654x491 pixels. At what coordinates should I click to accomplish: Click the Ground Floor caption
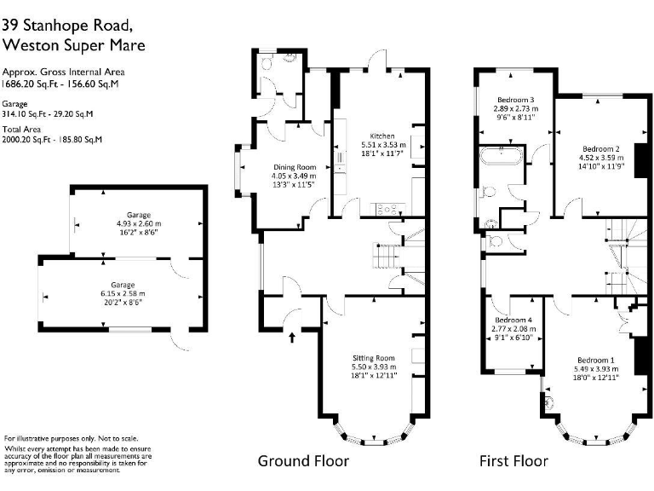tap(303, 461)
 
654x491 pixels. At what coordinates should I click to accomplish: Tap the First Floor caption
tap(513, 461)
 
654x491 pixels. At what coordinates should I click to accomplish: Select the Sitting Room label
tap(375, 358)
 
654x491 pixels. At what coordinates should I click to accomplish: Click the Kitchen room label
tap(381, 136)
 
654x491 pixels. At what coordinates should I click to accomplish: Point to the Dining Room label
tap(295, 167)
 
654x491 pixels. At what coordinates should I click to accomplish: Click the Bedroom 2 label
tap(600, 149)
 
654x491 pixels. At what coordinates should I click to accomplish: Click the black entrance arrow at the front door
tap(293, 338)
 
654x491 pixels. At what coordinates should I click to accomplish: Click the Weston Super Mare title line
tap(73, 44)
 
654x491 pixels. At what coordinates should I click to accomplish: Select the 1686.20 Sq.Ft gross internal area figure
tap(29, 85)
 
